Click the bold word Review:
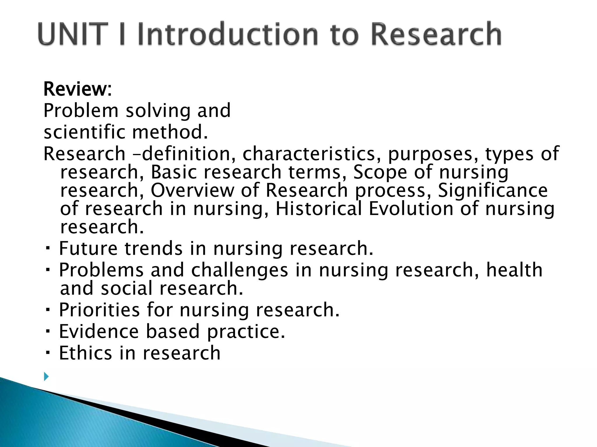78,89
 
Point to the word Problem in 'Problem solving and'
81,111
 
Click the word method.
170,132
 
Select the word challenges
240,270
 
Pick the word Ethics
85,353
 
